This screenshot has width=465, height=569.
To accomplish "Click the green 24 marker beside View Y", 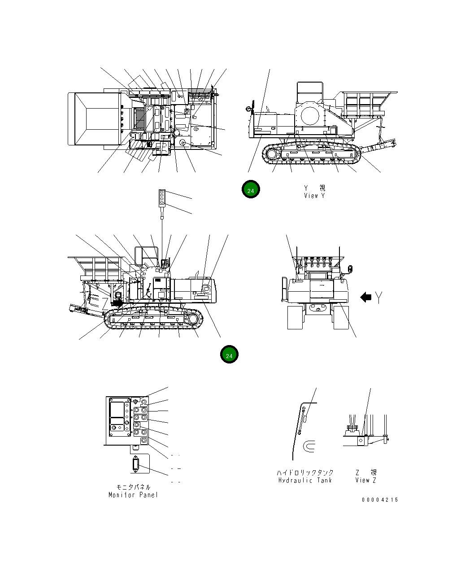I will click(x=251, y=190).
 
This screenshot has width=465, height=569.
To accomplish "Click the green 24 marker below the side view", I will click(x=229, y=355).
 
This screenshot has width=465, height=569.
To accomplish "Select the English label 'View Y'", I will click(x=314, y=196).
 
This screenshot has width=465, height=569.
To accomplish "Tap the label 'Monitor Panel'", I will click(x=133, y=495).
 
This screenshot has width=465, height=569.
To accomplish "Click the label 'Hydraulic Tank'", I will click(x=305, y=480).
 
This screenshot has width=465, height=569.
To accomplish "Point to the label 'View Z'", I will click(x=365, y=480).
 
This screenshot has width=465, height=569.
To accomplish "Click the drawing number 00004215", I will click(x=380, y=499).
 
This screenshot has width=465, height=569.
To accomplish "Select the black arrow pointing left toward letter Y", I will click(x=366, y=297).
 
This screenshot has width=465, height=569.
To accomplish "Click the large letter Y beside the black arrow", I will click(x=379, y=297).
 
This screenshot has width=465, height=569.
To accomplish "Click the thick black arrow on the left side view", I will click(x=118, y=303).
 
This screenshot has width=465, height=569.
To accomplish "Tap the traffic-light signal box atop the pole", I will click(x=162, y=197).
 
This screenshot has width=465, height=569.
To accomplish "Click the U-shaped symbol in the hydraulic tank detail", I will click(x=309, y=446).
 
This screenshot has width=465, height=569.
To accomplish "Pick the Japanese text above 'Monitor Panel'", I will click(x=133, y=487).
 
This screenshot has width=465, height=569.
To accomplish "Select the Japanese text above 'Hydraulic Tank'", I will click(x=305, y=473).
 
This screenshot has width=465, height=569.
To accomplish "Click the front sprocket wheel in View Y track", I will click(x=272, y=154).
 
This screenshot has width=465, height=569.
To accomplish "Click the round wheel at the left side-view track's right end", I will click(x=193, y=319).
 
